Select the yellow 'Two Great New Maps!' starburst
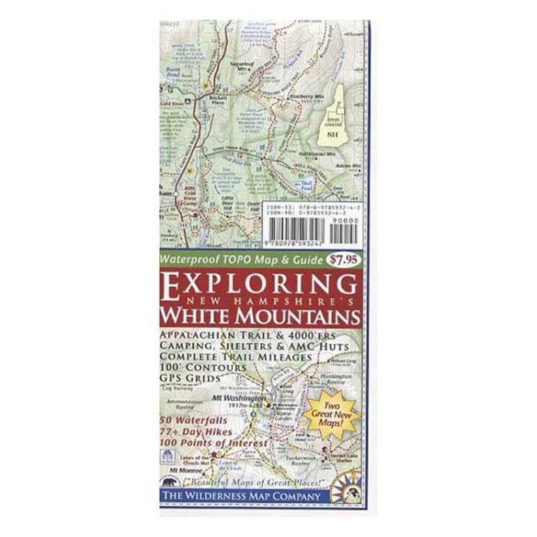tap(341, 413)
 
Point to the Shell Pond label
tap(306, 184)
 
